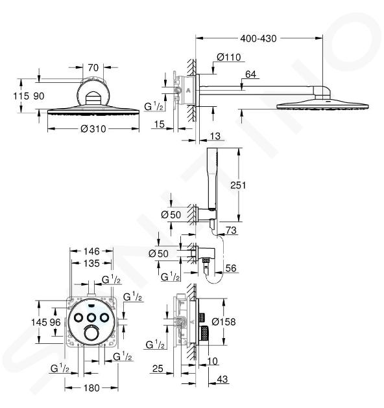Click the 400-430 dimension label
tap(258, 38)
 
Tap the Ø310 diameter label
tap(93, 128)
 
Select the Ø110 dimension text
tap(228, 57)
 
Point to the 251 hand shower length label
tap(238, 185)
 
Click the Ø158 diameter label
tap(223, 322)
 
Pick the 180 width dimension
tap(91, 388)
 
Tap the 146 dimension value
tap(91, 251)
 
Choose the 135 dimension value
tap(91, 264)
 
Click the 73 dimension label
tap(231, 231)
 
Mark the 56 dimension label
tap(231, 268)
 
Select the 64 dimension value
tap(250, 74)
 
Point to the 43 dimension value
tap(222, 379)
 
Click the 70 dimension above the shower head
tap(93, 67)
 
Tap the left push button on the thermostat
tap(78, 317)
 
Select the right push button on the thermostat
tap(104, 317)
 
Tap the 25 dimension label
tap(158, 368)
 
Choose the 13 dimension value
tap(215, 136)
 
